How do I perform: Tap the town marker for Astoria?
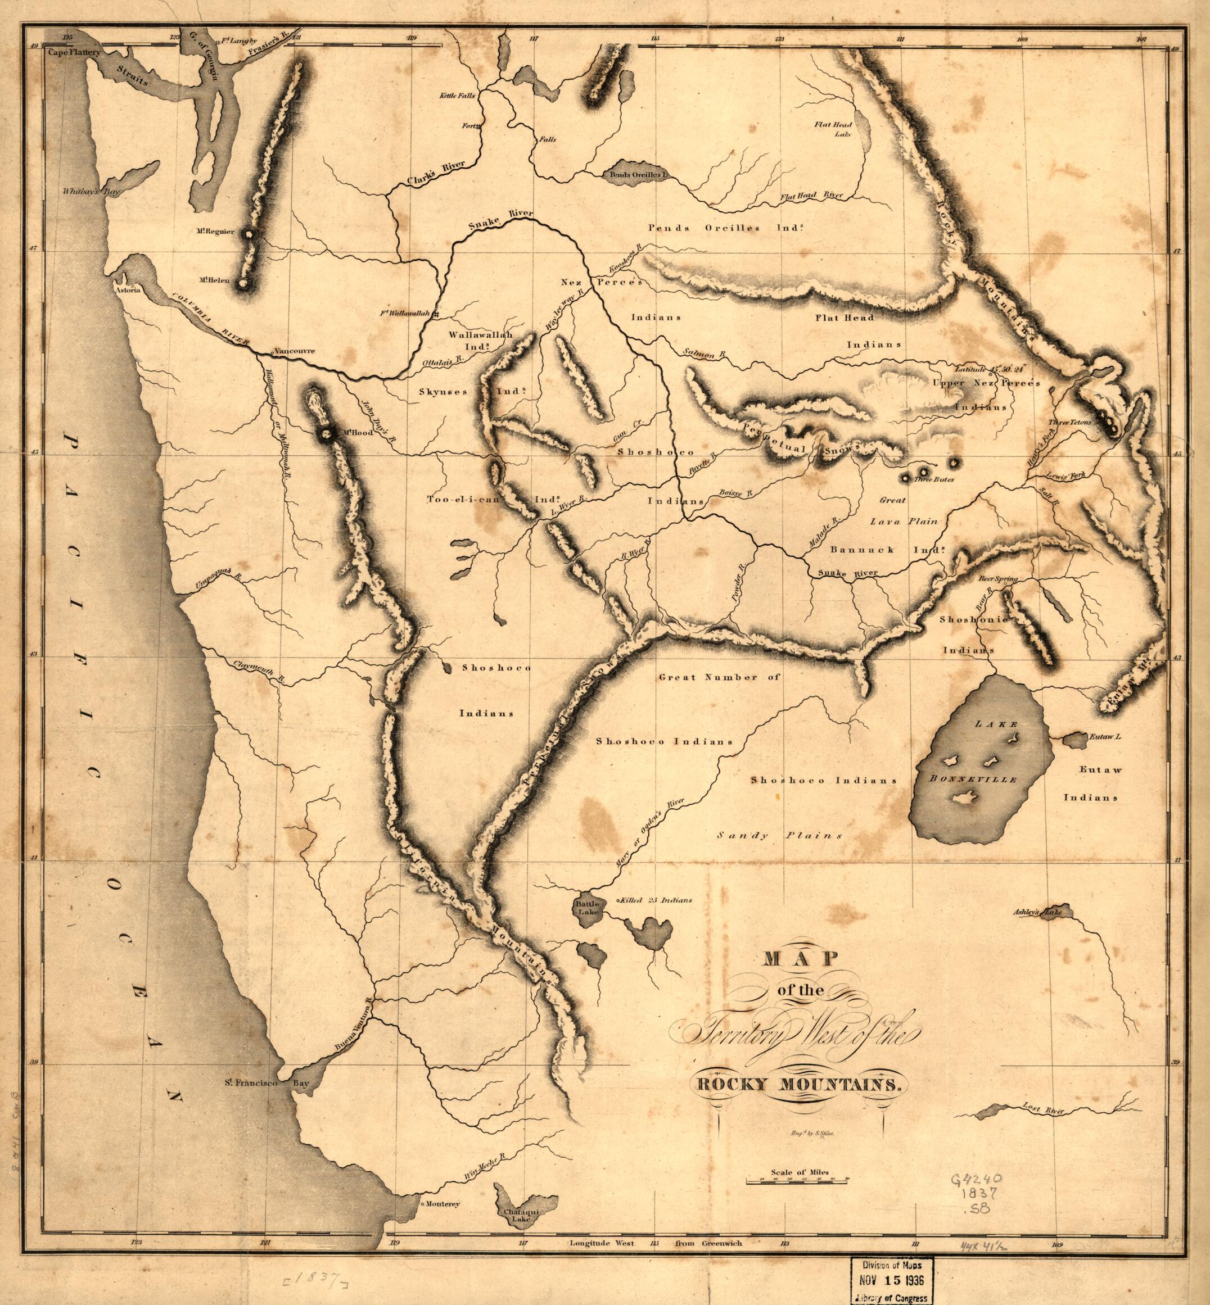click(132, 286)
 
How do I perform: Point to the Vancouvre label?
click(294, 351)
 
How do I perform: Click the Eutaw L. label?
click(1105, 737)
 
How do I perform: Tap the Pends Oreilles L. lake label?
click(637, 175)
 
